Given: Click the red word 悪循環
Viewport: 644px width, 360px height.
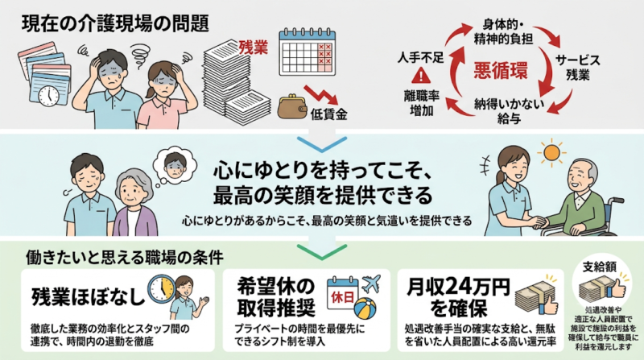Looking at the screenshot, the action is [x=500, y=71].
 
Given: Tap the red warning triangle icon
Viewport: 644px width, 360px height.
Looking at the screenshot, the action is [x=421, y=76].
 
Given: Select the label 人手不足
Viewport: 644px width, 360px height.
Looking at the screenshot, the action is [x=420, y=57].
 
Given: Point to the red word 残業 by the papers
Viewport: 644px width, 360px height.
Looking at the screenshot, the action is [x=254, y=48].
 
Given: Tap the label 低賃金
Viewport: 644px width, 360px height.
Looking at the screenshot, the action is [x=329, y=114].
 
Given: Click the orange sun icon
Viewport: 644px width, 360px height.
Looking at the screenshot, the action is [x=551, y=154].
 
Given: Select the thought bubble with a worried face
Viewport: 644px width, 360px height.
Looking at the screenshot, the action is [x=173, y=167].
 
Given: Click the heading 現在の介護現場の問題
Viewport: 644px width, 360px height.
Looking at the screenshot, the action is [x=115, y=24].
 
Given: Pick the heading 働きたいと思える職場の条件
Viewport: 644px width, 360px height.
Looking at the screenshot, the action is [x=125, y=258].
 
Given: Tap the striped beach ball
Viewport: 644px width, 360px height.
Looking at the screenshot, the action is [x=365, y=308].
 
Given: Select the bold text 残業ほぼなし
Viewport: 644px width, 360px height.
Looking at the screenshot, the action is [x=89, y=296].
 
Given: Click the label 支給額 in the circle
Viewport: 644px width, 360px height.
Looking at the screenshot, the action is [x=599, y=267].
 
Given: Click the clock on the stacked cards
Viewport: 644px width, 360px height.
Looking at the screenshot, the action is [x=49, y=95].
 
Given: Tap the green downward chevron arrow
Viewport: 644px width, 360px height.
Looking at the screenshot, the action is [x=321, y=251].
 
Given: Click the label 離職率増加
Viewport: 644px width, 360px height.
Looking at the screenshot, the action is [x=421, y=104].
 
